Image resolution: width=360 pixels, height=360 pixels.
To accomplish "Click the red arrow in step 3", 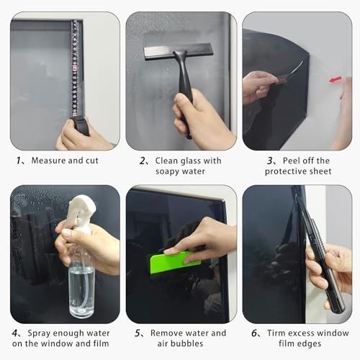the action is click(x=336, y=80).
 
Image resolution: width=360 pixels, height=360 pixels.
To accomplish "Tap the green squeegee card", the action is click(x=174, y=262).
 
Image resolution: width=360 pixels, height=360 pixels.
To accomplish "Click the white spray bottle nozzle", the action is click(x=81, y=209).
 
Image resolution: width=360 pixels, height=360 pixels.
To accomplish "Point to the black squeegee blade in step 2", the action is click(x=179, y=52).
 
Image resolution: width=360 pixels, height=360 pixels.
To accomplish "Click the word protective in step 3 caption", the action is click(x=286, y=171).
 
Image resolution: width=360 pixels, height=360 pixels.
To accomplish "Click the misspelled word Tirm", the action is click(x=276, y=333).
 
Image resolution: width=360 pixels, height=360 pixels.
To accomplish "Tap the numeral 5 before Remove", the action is click(x=138, y=333).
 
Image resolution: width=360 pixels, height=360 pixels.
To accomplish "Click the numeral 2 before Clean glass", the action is click(x=143, y=161).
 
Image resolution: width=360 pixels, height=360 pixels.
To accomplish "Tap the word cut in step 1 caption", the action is click(x=92, y=161).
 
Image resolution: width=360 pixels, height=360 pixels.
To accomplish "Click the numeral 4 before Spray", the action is click(x=15, y=333).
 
